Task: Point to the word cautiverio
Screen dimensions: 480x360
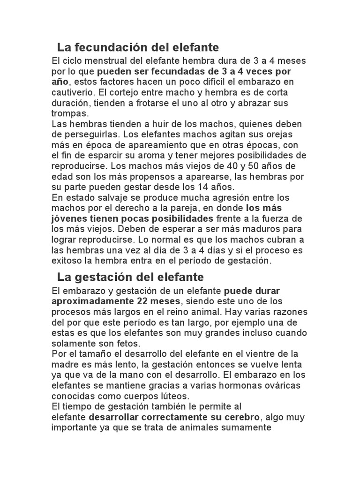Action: [71, 92]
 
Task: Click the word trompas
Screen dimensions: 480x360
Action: [69, 113]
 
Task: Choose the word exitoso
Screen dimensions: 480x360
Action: [67, 260]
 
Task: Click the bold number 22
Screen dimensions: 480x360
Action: [144, 301]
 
